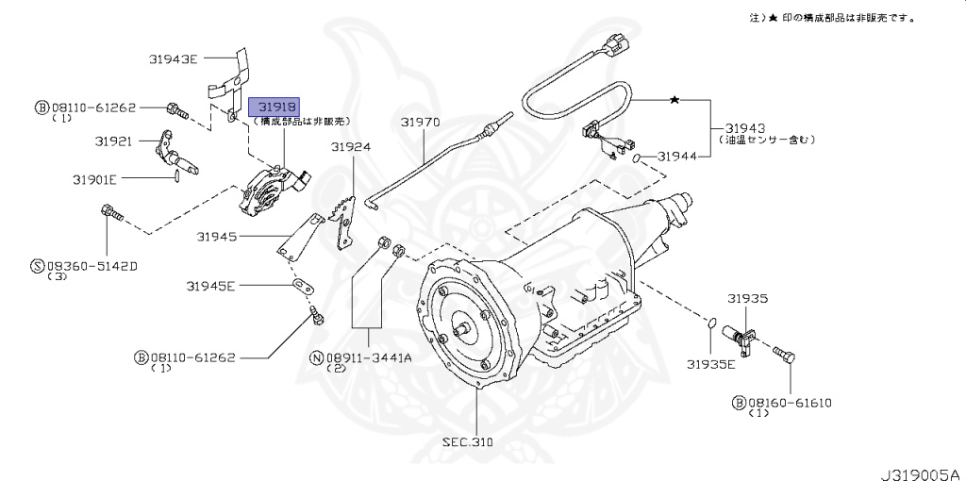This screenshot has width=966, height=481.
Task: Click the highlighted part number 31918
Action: (x=274, y=107)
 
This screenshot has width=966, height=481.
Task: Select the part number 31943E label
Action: (x=173, y=59)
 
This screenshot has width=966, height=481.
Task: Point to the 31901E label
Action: (x=94, y=178)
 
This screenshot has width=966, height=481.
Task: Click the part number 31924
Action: (x=350, y=147)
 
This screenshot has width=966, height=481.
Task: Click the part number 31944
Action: (x=676, y=156)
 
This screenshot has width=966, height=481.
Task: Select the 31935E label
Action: (x=710, y=363)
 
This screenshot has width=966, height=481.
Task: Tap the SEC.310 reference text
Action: (x=467, y=441)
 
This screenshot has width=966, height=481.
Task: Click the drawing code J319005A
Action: (x=920, y=470)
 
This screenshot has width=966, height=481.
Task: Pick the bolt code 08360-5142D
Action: (x=91, y=266)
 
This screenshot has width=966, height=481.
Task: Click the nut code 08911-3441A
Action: (x=369, y=357)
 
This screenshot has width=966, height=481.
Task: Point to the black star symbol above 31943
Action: (x=674, y=99)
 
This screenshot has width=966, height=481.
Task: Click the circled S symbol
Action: (x=38, y=267)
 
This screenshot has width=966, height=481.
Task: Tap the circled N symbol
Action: (x=316, y=358)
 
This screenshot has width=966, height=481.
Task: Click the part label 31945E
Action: (x=210, y=285)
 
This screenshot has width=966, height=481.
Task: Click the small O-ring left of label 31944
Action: (x=641, y=156)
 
